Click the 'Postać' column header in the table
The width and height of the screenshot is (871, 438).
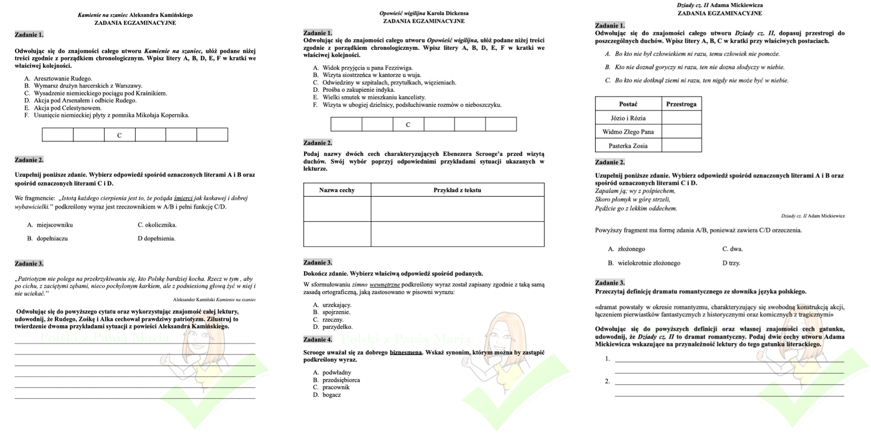628,104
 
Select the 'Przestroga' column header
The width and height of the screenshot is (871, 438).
681,104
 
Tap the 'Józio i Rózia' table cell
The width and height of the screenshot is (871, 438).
628,118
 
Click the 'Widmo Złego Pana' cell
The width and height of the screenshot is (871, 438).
628,132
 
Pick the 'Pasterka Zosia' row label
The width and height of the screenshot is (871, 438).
628,146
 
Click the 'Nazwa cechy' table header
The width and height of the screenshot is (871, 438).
337,190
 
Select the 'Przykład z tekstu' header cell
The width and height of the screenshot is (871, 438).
457,190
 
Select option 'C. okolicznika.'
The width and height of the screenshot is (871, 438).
157,225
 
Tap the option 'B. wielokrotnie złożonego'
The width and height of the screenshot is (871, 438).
644,263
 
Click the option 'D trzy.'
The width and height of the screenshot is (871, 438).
731,263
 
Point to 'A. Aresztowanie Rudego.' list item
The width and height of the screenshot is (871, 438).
59,78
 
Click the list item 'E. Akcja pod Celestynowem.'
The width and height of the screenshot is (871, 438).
63,108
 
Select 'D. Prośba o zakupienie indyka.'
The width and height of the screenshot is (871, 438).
354,90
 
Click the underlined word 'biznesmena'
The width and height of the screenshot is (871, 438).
406,353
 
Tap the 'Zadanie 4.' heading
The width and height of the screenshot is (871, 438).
318,340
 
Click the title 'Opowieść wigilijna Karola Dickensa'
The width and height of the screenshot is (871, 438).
424,13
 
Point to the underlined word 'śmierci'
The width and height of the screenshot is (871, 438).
183,198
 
